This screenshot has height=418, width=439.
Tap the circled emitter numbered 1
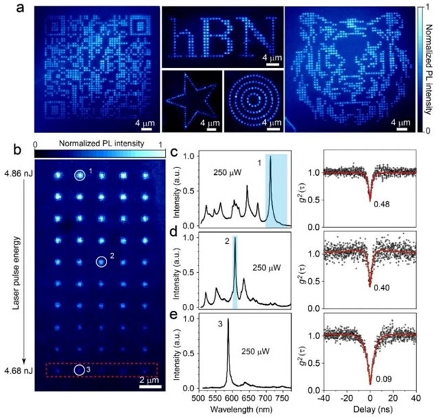[80, 176]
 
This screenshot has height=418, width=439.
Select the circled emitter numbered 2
[101, 261]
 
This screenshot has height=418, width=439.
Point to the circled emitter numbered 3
[79, 371]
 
